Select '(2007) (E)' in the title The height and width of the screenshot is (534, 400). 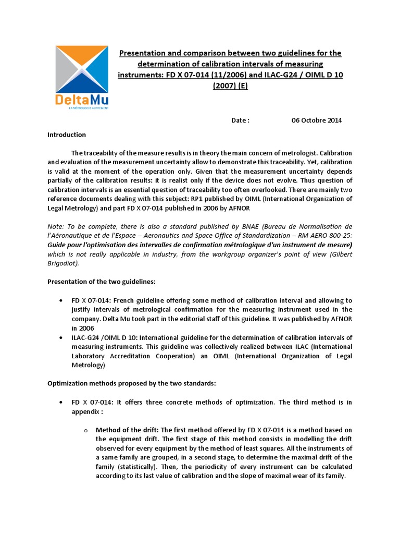pyautogui.click(x=230, y=85)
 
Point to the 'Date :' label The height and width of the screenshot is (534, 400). pyautogui.click(x=241, y=120)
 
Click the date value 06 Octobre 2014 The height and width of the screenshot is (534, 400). pyautogui.click(x=317, y=120)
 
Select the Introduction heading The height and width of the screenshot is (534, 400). pyautogui.click(x=67, y=135)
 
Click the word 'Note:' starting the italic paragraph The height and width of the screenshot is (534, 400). pyautogui.click(x=56, y=226)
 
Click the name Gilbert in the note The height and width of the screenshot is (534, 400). pyautogui.click(x=341, y=254)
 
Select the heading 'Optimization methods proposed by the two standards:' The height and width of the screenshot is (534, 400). pyautogui.click(x=131, y=383)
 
